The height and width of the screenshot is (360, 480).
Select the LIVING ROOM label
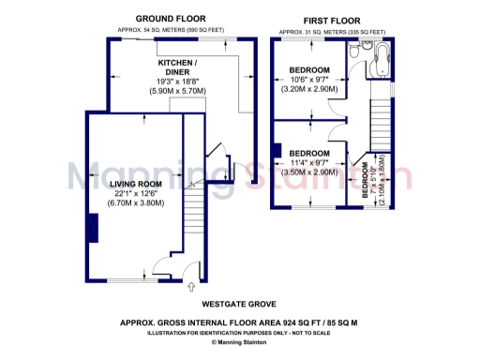(136, 184)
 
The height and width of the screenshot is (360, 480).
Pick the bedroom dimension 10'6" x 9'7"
(309, 81)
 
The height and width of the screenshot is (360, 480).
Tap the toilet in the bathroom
(368, 46)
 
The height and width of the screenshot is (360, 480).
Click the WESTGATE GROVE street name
(240, 305)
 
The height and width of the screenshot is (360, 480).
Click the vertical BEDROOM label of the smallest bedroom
(366, 181)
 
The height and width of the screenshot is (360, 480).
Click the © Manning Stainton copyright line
(240, 342)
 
